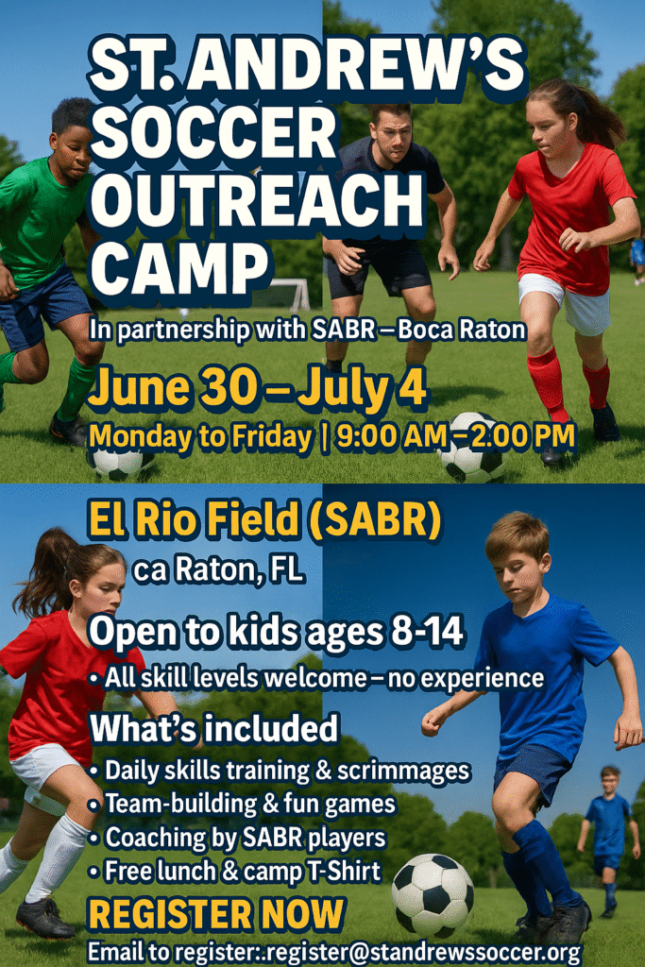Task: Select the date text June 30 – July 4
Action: point(257,386)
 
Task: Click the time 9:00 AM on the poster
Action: point(391,436)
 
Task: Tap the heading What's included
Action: point(214,728)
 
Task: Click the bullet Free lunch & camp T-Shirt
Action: point(234,871)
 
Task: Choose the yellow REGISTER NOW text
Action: point(216,914)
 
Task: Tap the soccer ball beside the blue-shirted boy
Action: point(433,894)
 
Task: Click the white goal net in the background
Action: point(289,295)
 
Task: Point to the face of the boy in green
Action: point(73,150)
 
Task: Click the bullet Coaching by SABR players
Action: point(237,838)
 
